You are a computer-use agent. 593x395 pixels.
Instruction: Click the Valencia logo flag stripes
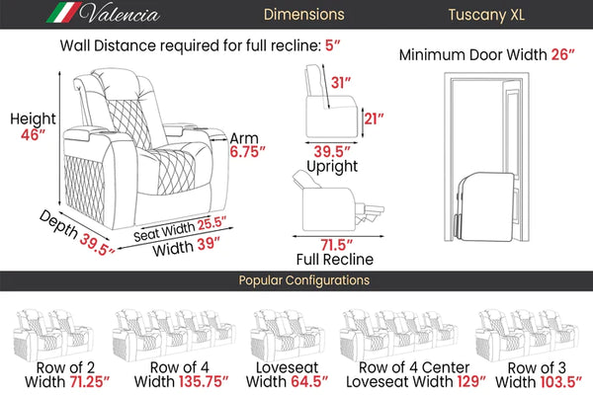tap(63, 13)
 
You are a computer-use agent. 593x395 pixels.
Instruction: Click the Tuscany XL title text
tap(486, 15)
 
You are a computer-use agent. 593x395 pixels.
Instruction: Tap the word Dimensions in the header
tap(304, 15)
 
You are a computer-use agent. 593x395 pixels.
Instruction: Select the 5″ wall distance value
tap(332, 45)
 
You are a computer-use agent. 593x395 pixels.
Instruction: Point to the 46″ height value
tap(33, 134)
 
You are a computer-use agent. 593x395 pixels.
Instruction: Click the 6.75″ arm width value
tap(247, 151)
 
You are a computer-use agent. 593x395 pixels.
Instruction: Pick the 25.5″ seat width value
tap(212, 223)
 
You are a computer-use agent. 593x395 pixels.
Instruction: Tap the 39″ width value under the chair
tap(208, 244)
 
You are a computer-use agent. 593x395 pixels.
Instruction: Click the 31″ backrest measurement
tap(341, 82)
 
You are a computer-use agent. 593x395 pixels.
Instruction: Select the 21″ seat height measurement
tap(374, 118)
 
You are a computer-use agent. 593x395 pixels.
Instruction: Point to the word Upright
tap(332, 166)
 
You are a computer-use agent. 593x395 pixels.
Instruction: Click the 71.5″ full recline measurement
tap(337, 245)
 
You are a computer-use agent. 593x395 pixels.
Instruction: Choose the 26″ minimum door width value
tap(562, 55)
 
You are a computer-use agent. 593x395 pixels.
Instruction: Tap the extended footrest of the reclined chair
tap(370, 211)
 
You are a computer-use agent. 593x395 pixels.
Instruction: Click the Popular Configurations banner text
tap(304, 280)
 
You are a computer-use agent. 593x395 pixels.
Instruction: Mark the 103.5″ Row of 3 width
tap(560, 382)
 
